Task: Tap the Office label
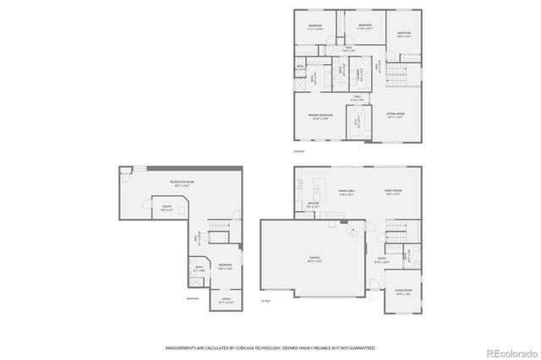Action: (x=226, y=299)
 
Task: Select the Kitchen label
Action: (x=313, y=204)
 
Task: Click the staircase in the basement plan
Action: (x=219, y=226)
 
